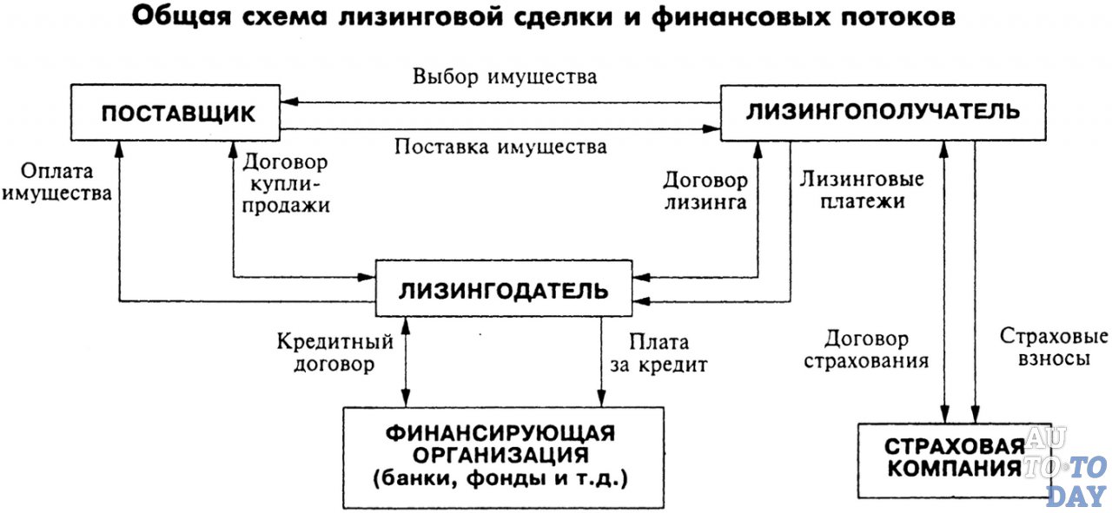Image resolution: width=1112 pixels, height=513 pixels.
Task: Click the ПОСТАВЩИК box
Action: click(x=176, y=115)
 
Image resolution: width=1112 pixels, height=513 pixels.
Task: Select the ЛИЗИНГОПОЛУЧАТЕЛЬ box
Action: click(x=884, y=112)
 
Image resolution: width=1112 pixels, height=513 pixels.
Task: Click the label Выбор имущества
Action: click(x=505, y=76)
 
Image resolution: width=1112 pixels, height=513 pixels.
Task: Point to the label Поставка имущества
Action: click(x=500, y=146)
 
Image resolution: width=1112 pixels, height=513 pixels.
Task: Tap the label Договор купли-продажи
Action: click(x=287, y=183)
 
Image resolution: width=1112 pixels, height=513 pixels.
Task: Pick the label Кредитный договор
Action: click(x=335, y=353)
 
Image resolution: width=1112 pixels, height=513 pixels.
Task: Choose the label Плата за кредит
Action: click(x=658, y=353)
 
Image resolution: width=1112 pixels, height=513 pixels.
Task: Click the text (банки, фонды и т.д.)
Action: click(x=502, y=478)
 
